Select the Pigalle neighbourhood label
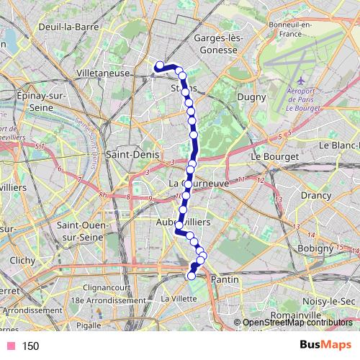tap(90, 325)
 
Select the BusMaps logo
tap(325, 345)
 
